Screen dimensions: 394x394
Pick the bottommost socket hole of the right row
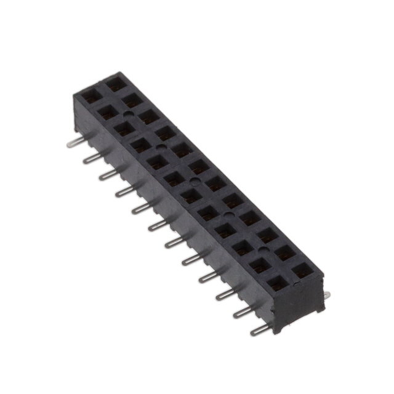(302, 270)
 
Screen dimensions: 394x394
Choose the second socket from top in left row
(107, 112)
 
